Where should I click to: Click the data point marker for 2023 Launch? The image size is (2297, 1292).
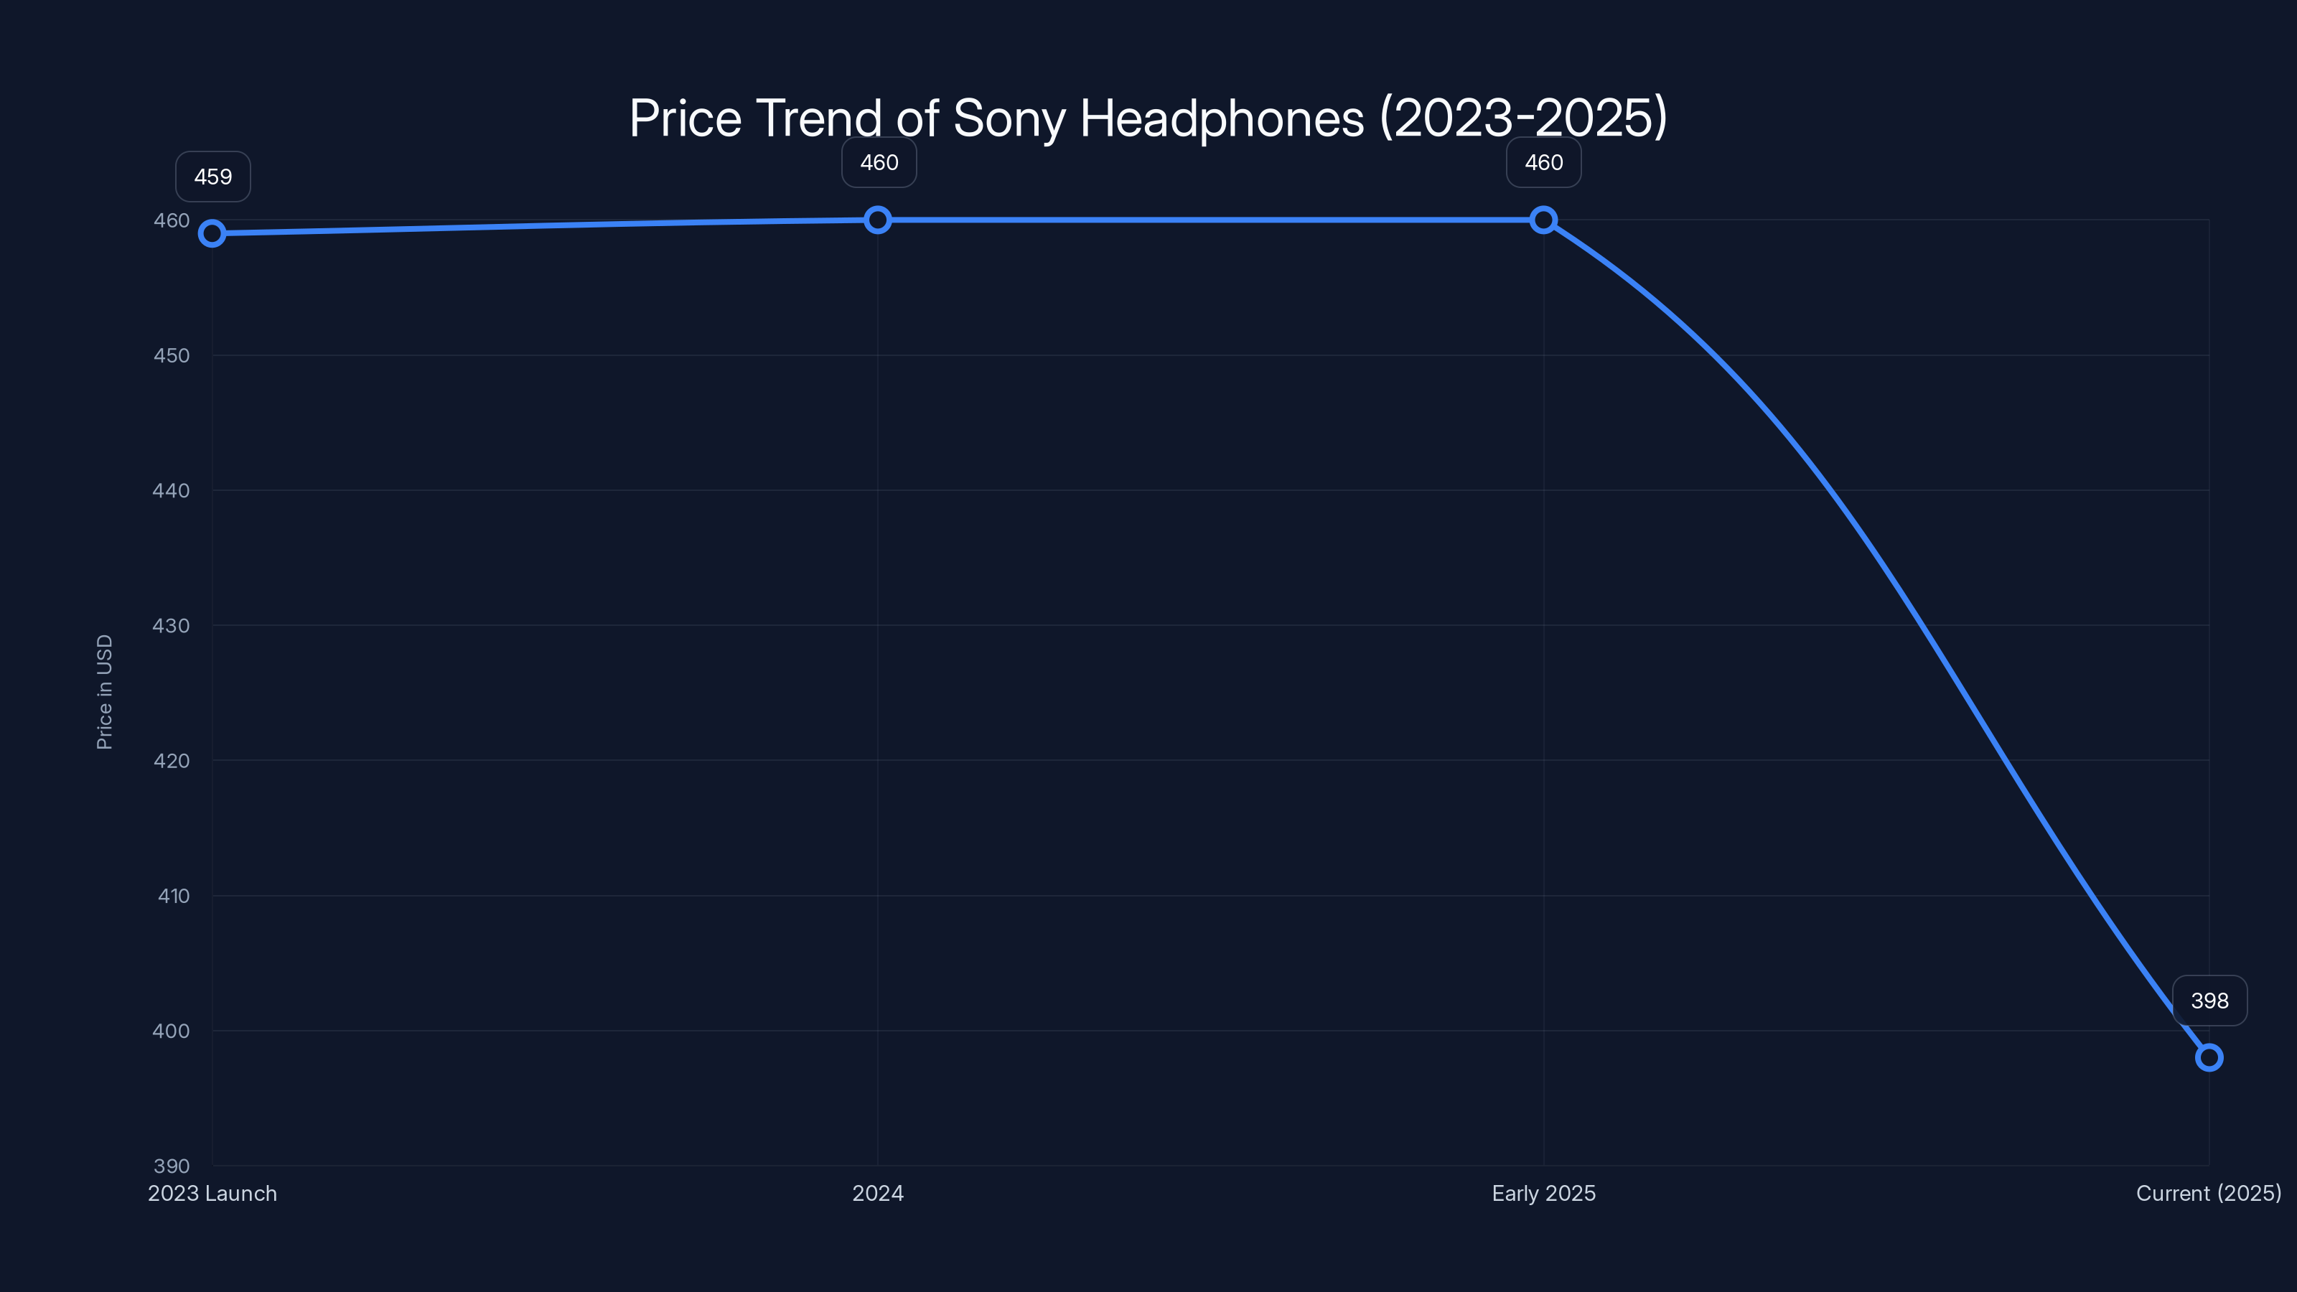pos(212,233)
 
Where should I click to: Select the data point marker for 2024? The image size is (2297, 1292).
pos(877,220)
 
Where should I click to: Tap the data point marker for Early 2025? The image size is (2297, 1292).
pos(1543,220)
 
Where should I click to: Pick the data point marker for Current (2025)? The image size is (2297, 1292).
pos(2209,1057)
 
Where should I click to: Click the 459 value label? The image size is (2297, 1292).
pos(213,177)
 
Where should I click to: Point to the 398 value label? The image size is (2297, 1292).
pos(2209,1001)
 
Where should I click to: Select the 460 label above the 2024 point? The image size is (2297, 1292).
pos(879,162)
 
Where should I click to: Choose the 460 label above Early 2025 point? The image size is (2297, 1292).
pos(1543,162)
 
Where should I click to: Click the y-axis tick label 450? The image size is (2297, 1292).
pos(172,356)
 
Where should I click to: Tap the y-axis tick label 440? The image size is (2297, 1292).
pos(172,490)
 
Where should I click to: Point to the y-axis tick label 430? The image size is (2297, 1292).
pos(172,626)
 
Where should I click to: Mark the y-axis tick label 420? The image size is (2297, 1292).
pos(172,761)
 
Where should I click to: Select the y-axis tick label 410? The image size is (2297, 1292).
pos(174,896)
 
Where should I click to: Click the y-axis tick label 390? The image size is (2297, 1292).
pos(172,1166)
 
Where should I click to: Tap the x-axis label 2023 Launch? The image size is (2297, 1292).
pos(212,1193)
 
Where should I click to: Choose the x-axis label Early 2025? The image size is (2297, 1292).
pos(1543,1193)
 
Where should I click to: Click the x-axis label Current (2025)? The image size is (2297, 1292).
pos(2208,1193)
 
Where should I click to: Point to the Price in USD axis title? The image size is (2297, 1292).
pos(104,692)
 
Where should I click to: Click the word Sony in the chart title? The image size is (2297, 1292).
pos(1009,118)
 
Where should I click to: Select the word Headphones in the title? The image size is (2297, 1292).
pos(1222,118)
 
